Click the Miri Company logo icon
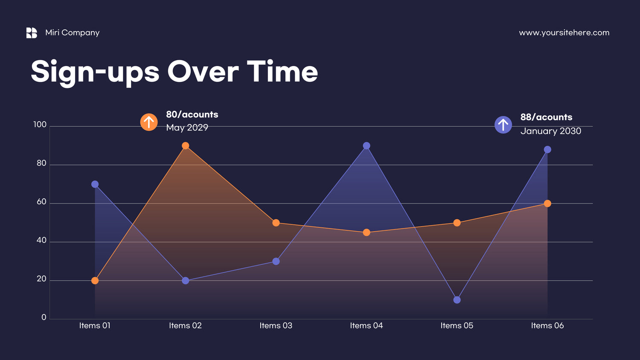pyautogui.click(x=32, y=33)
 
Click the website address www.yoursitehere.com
pyautogui.click(x=564, y=33)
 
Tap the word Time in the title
pyautogui.click(x=282, y=71)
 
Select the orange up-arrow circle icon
pyautogui.click(x=149, y=122)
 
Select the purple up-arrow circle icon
pyautogui.click(x=503, y=125)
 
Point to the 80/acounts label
pyautogui.click(x=192, y=114)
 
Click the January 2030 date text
pyautogui.click(x=550, y=131)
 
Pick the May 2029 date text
pyautogui.click(x=187, y=128)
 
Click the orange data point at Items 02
pyautogui.click(x=186, y=146)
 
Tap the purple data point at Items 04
pyautogui.click(x=367, y=146)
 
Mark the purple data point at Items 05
pyautogui.click(x=457, y=300)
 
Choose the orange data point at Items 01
pyautogui.click(x=95, y=281)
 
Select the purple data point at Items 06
pyautogui.click(x=547, y=150)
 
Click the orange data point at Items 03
pyautogui.click(x=276, y=223)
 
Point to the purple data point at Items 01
pyautogui.click(x=95, y=184)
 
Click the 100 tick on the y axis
pyautogui.click(x=40, y=125)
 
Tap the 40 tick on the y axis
pyautogui.click(x=41, y=240)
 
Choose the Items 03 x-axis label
pyautogui.click(x=276, y=325)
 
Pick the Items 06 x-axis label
pyautogui.click(x=547, y=325)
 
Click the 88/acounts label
pyautogui.click(x=546, y=117)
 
